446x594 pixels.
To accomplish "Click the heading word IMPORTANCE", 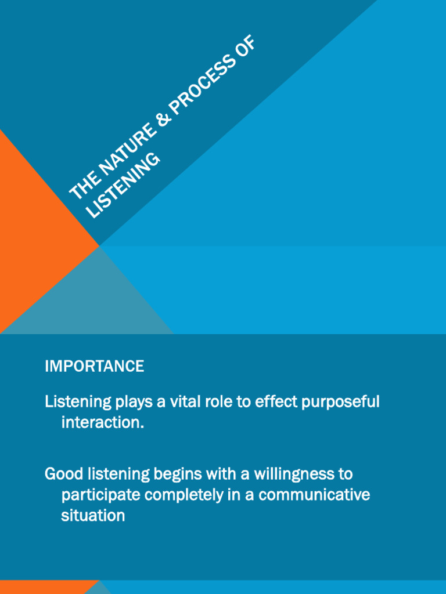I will [94, 366].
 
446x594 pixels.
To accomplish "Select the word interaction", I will [102, 423].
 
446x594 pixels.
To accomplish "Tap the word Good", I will [63, 474].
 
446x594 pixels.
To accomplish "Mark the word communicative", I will [314, 495].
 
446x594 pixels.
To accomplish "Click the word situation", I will [93, 516].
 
